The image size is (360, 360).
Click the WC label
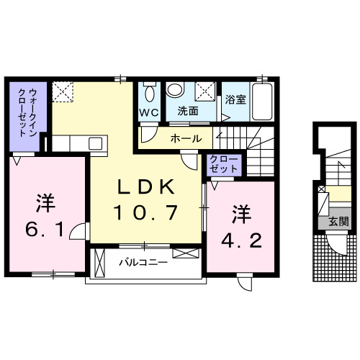pyautogui.click(x=149, y=112)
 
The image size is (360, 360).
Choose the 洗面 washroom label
pyautogui.click(x=189, y=112)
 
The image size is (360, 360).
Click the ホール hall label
pyautogui.click(x=186, y=137)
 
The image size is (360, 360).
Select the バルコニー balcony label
pyautogui.click(x=143, y=263)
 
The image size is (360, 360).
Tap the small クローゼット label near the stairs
pyautogui.click(x=222, y=163)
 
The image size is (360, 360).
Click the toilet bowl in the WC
pyautogui.click(x=150, y=94)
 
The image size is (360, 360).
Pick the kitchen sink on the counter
pyautogui.click(x=96, y=143)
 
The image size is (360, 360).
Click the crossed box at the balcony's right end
pyautogui.click(x=184, y=254)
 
